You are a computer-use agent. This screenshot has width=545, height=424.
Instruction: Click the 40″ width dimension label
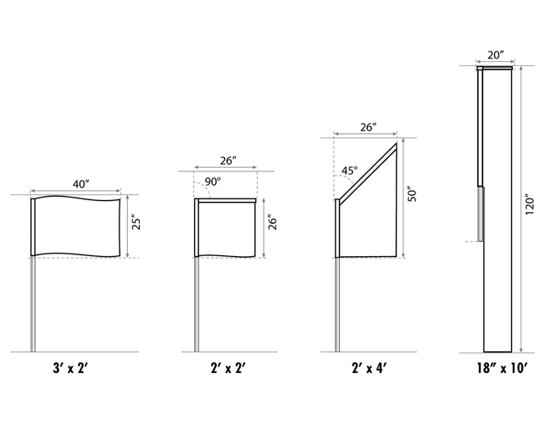pos(81,184)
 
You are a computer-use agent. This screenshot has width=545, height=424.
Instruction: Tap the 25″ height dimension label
pos(136,224)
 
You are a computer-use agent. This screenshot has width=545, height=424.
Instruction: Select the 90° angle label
pos(213,181)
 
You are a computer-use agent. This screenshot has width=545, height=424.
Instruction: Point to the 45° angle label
pos(349,170)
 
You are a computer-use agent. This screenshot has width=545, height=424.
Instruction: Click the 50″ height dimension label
pos(412,196)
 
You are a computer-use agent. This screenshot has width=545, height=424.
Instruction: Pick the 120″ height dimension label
pos(529,204)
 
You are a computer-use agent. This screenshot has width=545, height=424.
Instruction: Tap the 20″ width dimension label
pos(496,55)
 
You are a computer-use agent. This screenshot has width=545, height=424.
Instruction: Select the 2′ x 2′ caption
pos(228,368)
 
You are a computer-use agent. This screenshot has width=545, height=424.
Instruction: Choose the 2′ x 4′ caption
pos(369,368)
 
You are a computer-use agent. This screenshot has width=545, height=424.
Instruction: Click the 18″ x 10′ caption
pos(502,368)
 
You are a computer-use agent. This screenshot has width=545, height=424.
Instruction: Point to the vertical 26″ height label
pos(273,224)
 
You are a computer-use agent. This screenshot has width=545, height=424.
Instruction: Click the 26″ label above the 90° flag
pos(228,160)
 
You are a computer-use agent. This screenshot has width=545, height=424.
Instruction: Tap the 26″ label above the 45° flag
pos(368,127)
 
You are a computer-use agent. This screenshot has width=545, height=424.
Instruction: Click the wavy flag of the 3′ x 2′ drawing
pos(77,226)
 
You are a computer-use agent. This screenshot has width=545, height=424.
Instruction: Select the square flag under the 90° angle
pos(226,229)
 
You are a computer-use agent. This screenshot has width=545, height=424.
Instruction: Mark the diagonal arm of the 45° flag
pos(368,174)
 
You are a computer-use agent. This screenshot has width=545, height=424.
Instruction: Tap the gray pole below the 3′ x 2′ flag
pos(33,304)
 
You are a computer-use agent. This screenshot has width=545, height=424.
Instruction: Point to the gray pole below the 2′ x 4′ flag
pos(337,304)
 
